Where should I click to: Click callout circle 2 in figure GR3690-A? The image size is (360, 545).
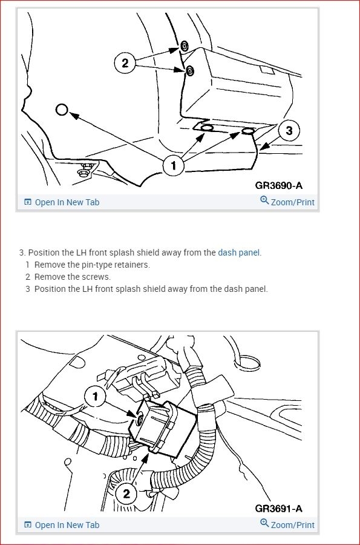tap(125, 63)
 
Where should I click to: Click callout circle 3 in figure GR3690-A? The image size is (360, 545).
tap(289, 131)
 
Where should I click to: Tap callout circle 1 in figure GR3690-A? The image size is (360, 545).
tap(174, 165)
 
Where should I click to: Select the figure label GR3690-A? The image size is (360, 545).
tap(279, 186)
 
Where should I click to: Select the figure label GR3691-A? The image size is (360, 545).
tap(279, 509)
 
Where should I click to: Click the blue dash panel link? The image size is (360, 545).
tap(238, 253)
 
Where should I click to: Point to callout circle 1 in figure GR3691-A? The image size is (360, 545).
tap(95, 396)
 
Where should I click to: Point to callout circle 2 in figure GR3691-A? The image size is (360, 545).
tap(126, 494)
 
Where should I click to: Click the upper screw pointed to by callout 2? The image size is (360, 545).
tap(185, 46)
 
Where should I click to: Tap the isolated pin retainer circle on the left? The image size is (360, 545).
tap(62, 110)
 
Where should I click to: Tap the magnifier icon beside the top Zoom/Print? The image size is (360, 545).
tap(264, 200)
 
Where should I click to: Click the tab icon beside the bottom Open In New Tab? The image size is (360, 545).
tap(28, 525)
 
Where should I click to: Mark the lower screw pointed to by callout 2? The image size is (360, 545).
tap(189, 71)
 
